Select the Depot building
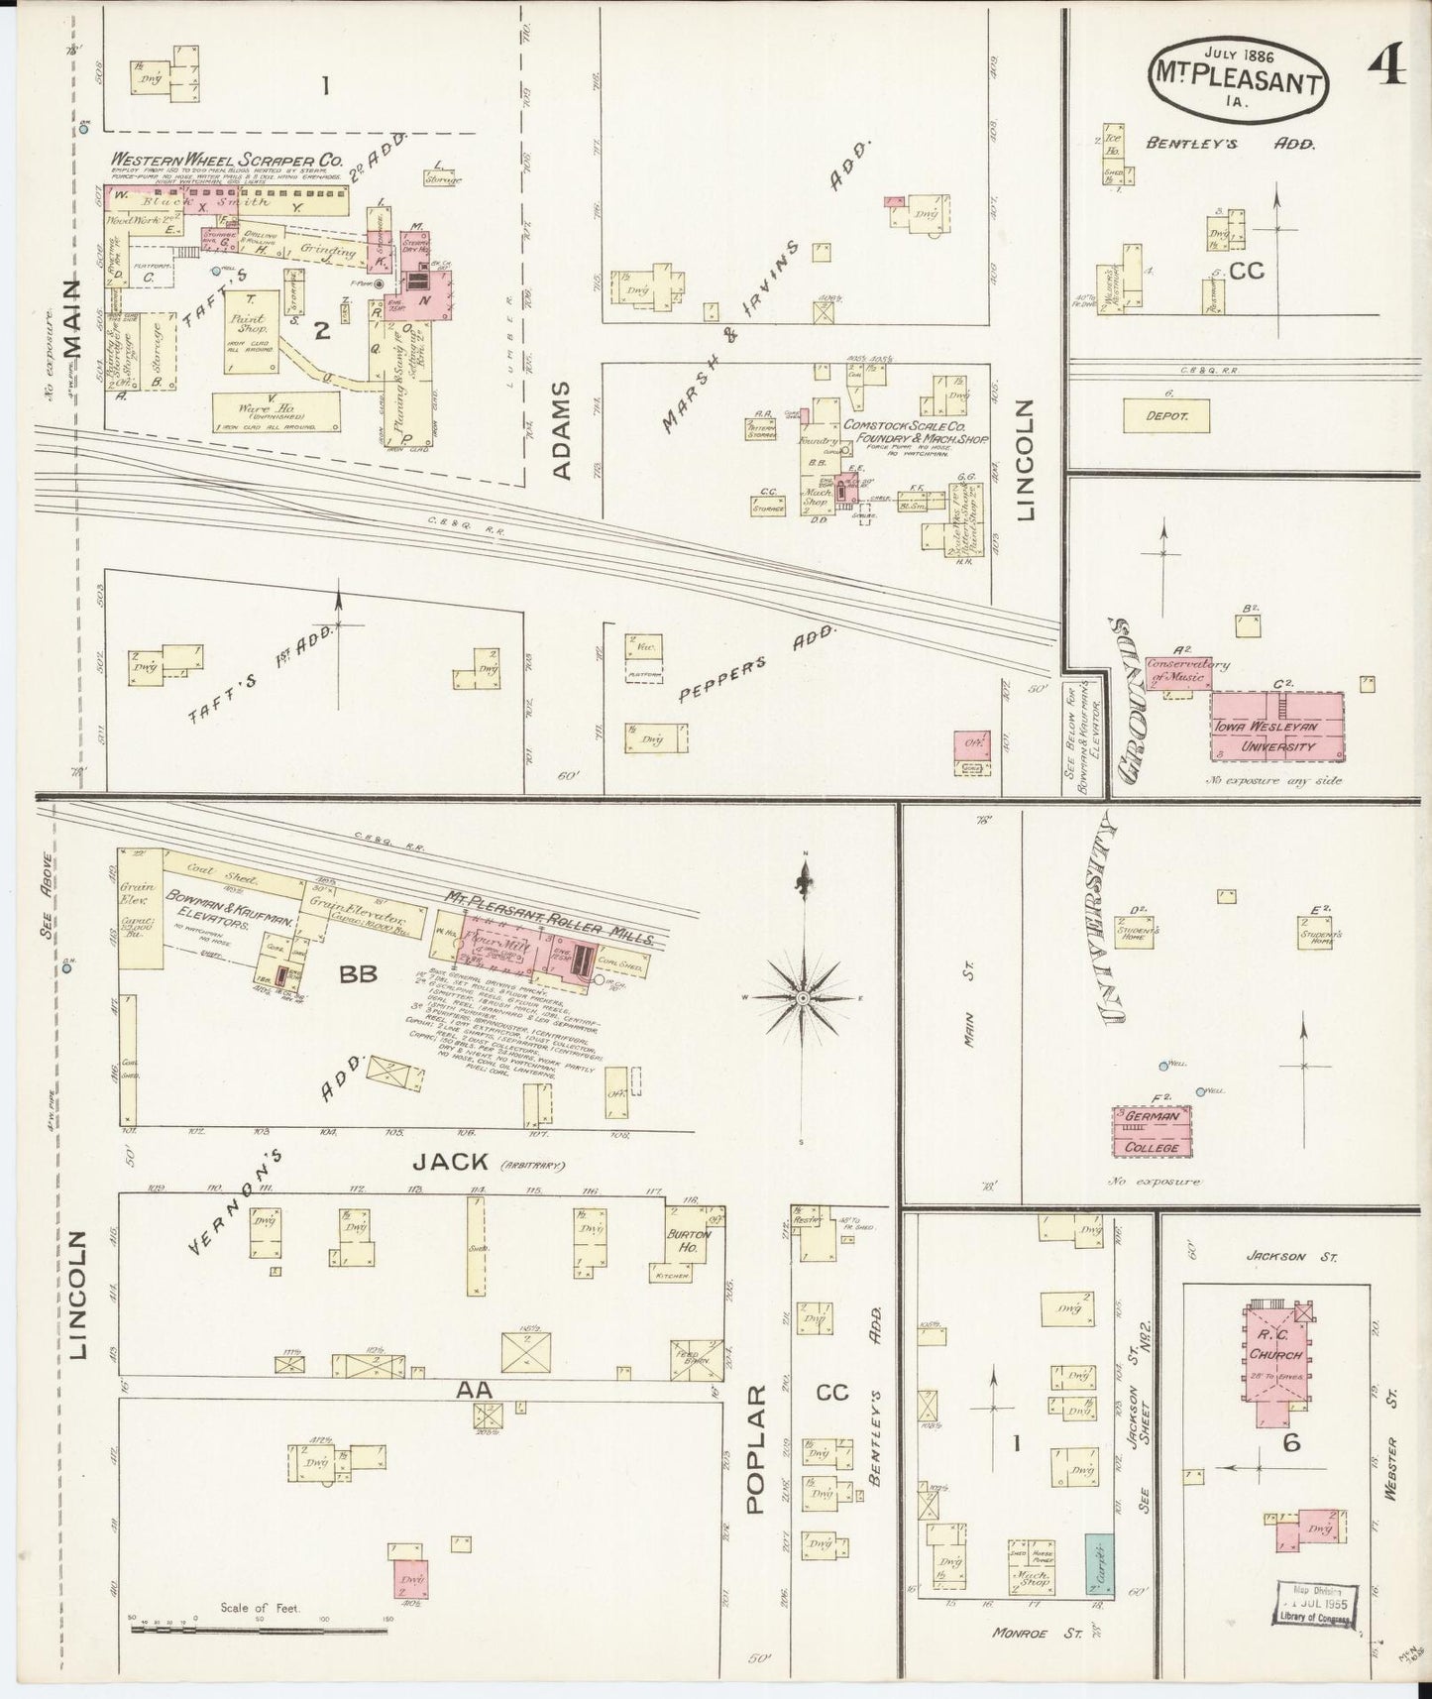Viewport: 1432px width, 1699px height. pos(1165,415)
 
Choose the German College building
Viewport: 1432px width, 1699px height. pos(1152,1132)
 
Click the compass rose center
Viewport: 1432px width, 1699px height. pos(804,997)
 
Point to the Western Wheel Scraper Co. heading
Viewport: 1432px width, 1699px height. pos(227,158)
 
